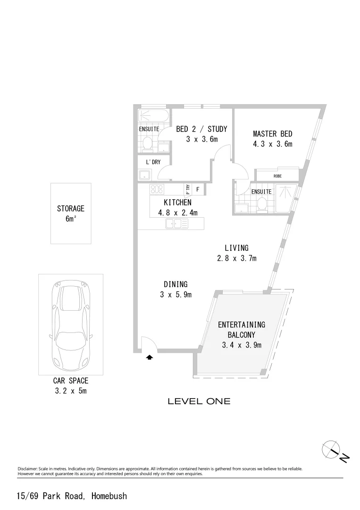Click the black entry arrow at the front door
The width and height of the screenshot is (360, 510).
click(150, 357)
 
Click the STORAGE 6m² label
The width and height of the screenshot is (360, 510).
click(70, 213)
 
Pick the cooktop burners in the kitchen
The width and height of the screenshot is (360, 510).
click(156, 190)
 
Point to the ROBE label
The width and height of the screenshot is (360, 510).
click(277, 176)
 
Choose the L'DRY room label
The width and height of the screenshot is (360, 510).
click(153, 162)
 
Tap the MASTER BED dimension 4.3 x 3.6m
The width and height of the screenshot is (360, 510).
click(272, 144)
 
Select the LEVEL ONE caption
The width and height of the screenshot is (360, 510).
click(199, 401)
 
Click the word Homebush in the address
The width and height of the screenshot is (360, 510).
click(109, 496)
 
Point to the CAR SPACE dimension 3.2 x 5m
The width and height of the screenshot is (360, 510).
click(70, 391)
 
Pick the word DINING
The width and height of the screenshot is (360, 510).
click(176, 284)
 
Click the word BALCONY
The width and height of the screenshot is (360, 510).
click(241, 335)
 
